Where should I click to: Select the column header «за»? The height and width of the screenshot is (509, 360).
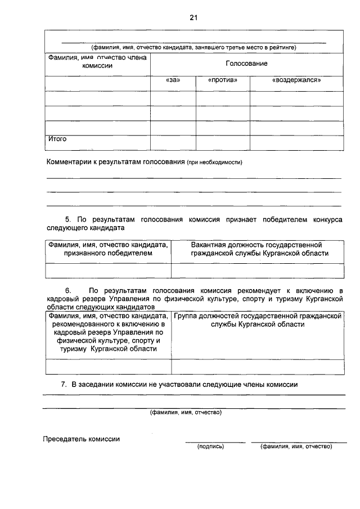coord(173,80)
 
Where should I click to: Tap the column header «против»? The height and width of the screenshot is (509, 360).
coord(222,80)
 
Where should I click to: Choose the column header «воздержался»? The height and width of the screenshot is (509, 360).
coord(296,80)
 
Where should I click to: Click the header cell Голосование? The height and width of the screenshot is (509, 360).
coord(246,65)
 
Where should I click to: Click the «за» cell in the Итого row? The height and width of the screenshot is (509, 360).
coord(173,143)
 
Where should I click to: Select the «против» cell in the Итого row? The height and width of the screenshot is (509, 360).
coord(222,143)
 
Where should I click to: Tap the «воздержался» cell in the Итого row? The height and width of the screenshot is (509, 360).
coord(296,143)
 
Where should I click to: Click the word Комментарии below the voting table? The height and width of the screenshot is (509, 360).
coord(71,162)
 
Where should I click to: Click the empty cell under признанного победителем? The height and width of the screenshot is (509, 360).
coord(107,271)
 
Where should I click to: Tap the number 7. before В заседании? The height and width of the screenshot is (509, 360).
coord(64,385)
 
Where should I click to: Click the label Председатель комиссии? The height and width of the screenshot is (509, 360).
coord(81,439)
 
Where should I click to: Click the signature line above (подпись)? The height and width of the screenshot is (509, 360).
coord(215,442)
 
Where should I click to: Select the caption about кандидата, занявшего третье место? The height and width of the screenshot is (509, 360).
coord(193,47)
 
